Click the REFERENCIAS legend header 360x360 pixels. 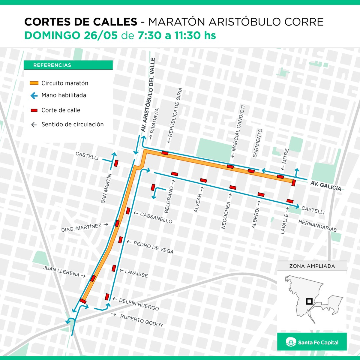52,65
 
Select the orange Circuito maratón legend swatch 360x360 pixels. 34,83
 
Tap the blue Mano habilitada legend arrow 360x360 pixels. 34,96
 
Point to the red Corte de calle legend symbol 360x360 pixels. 34,110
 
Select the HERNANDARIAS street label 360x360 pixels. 317,225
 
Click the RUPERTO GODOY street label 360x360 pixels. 142,321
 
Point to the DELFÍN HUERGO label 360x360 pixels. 139,304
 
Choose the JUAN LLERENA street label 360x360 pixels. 61,271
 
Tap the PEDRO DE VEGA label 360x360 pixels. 153,247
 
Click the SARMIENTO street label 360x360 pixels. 257,143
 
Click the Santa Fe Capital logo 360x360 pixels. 312,342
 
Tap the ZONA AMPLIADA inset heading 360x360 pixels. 312,266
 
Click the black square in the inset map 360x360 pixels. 309,301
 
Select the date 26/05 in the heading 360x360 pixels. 101,35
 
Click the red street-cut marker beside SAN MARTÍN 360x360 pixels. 116,163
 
